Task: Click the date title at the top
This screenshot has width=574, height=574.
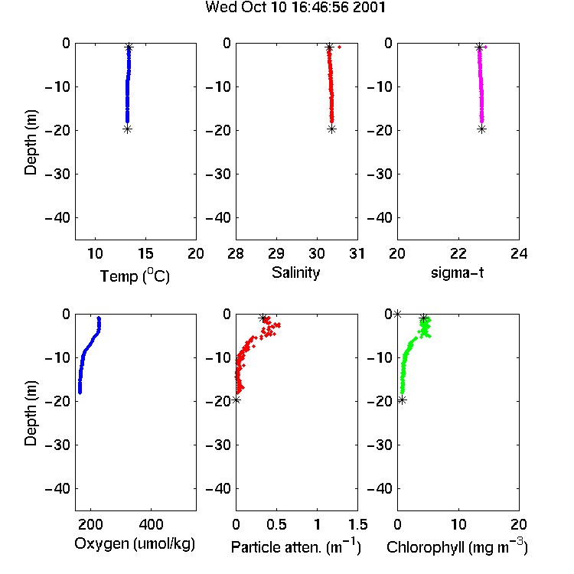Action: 295,8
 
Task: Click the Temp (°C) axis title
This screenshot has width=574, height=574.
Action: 135,276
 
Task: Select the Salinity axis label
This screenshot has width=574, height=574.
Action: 295,273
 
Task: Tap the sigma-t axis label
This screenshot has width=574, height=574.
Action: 457,272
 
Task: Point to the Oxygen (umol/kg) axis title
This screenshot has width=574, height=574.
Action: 135,544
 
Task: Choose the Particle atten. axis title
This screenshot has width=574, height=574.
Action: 295,546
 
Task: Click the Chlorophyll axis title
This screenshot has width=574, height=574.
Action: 457,546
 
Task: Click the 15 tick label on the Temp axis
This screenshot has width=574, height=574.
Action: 145,253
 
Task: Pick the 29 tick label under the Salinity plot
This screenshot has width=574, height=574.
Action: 276,253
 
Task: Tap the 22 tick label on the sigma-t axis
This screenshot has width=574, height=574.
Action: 458,253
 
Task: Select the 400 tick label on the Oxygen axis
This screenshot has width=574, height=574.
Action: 151,524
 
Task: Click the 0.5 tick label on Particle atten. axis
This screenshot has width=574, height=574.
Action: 276,524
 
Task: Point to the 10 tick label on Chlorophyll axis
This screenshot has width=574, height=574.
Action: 458,524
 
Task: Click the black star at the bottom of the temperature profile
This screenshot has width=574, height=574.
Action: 127,129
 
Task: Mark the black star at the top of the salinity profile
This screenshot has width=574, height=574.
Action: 329,47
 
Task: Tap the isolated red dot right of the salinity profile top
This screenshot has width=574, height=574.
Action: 340,47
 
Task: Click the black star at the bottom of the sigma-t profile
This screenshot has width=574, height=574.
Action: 481,129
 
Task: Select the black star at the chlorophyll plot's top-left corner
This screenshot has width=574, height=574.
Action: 397,314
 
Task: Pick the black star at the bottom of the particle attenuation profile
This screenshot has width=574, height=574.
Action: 236,400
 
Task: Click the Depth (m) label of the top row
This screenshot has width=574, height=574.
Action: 31,142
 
